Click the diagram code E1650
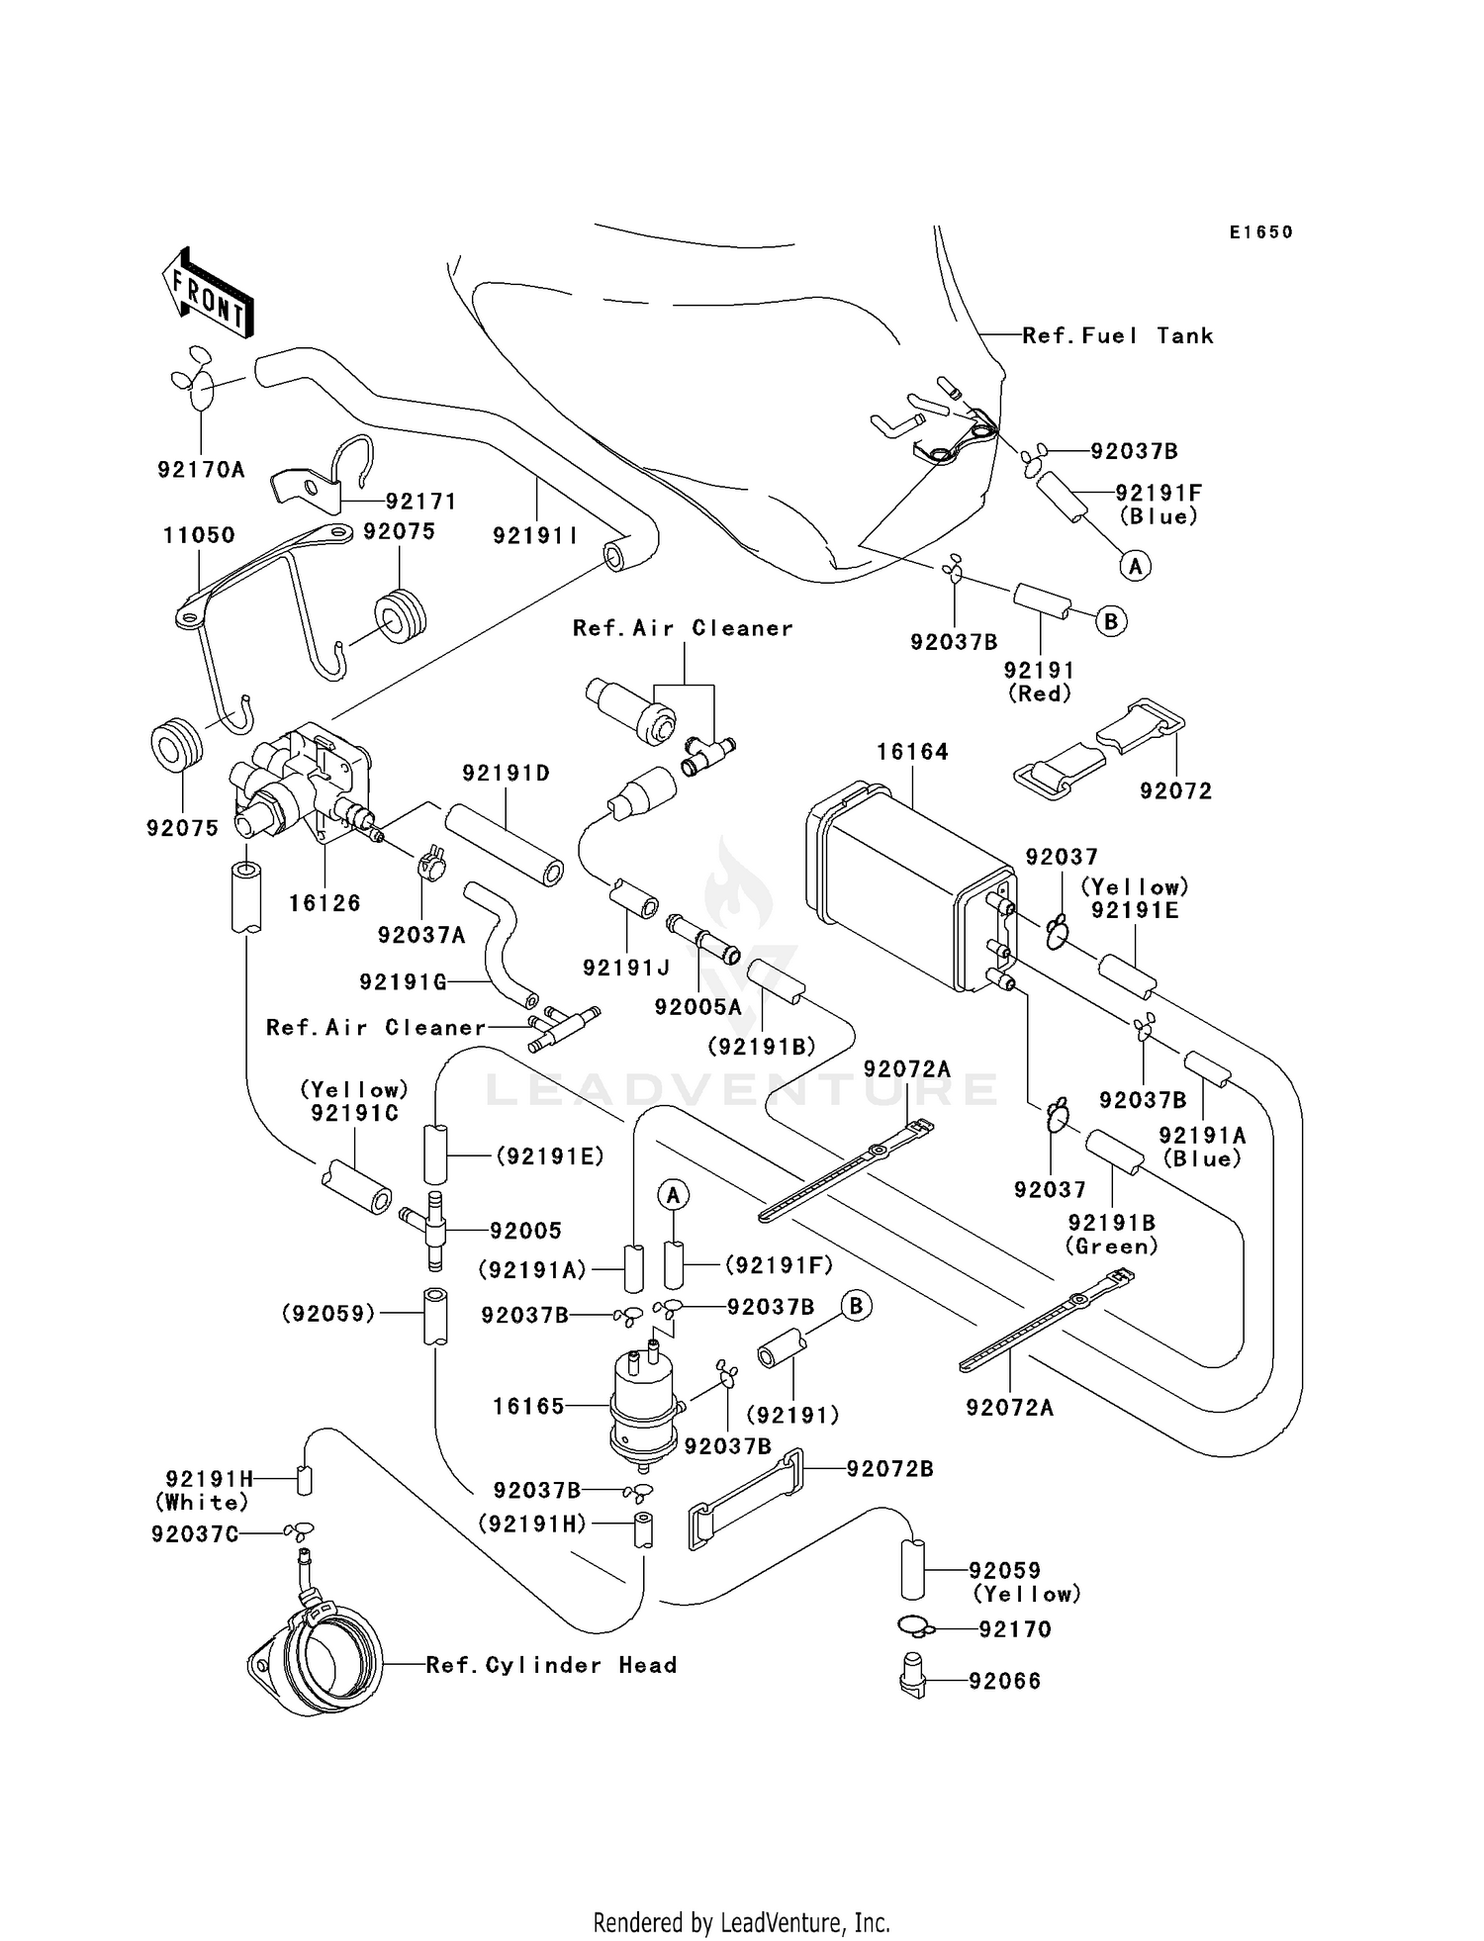(x=1260, y=232)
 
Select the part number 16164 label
(x=911, y=752)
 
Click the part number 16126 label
(x=325, y=903)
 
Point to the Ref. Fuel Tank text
(x=1117, y=336)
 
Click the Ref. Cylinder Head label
(x=551, y=1665)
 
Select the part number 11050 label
(x=199, y=535)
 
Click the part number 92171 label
(x=420, y=502)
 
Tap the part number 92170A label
(x=201, y=470)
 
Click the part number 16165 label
(x=528, y=1406)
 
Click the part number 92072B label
(x=889, y=1469)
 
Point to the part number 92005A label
(x=697, y=1007)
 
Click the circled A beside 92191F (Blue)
(x=1135, y=566)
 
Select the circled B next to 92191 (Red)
(x=1110, y=621)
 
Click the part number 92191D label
(x=506, y=773)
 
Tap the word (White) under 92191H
(x=202, y=1503)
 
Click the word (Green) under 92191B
(x=1111, y=1247)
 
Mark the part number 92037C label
(x=194, y=1534)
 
